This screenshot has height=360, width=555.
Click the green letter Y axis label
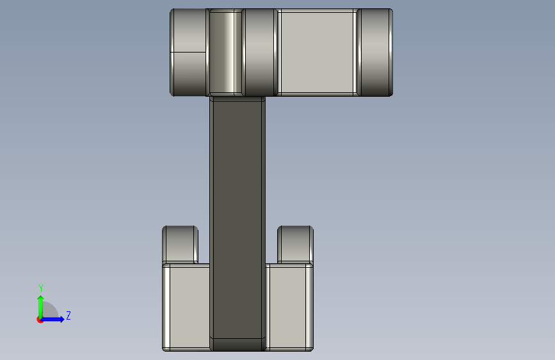[41, 288]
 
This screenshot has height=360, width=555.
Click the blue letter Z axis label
[68, 315]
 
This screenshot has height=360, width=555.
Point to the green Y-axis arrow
[41, 307]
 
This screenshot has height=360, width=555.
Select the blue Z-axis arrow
[52, 319]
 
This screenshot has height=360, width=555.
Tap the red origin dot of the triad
[40, 320]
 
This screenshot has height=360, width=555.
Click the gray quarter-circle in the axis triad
[49, 311]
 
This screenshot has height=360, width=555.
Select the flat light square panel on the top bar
[317, 53]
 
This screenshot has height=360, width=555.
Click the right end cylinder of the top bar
[375, 53]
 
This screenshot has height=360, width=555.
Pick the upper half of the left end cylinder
[188, 31]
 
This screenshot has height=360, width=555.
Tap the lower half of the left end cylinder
[188, 74]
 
